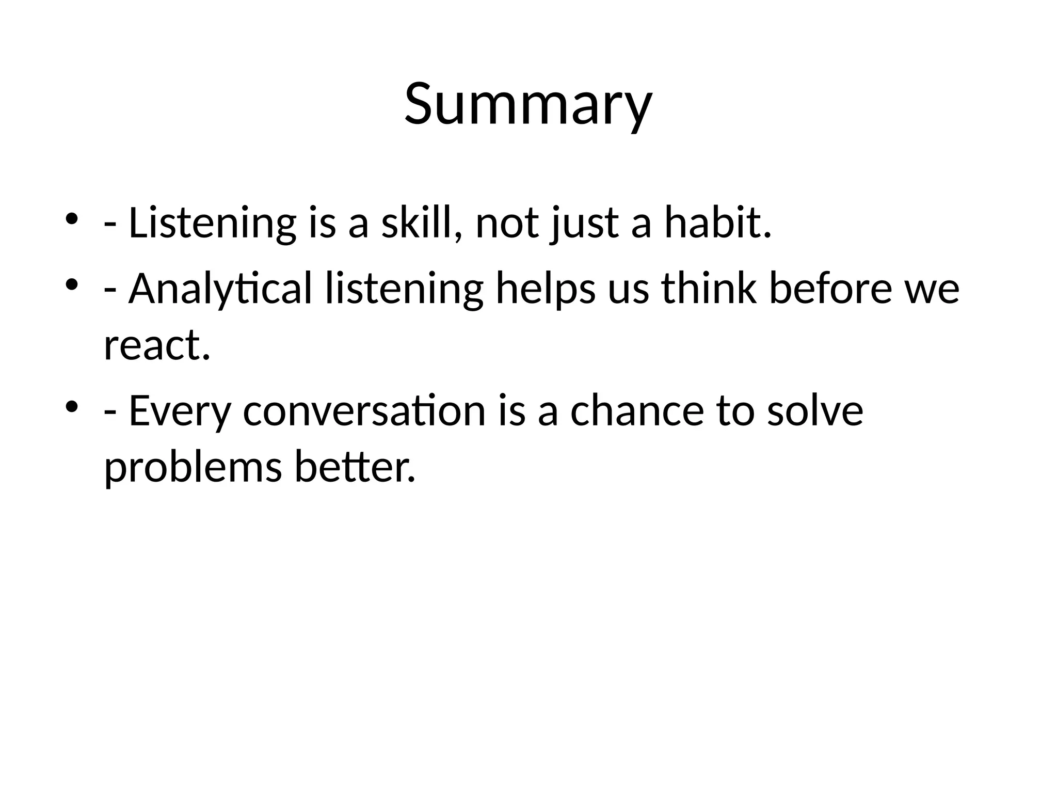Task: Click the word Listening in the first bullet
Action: coord(212,223)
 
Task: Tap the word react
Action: coord(157,345)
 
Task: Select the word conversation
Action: coord(364,411)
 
